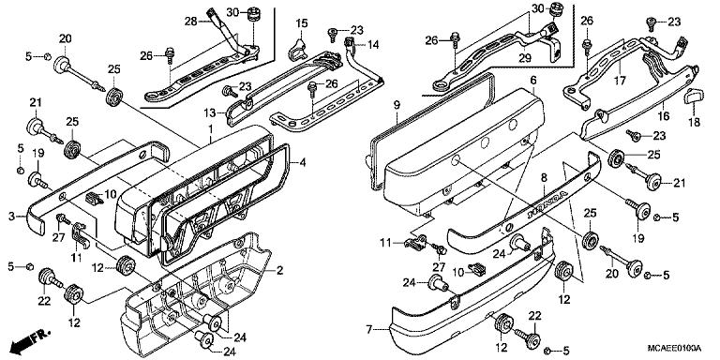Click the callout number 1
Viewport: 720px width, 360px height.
click(211, 127)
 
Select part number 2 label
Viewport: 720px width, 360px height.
click(280, 271)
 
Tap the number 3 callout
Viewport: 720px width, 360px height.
click(12, 217)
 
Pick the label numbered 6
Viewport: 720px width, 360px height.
click(533, 82)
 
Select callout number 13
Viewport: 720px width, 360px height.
click(212, 112)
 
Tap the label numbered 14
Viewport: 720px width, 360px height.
click(373, 44)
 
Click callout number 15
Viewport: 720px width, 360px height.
click(303, 22)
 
